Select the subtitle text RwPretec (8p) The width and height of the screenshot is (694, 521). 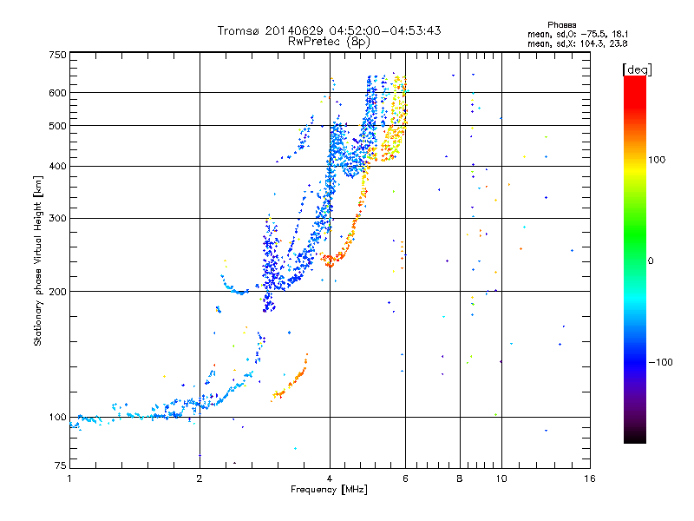coord(329,42)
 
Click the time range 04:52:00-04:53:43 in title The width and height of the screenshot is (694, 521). coord(385,30)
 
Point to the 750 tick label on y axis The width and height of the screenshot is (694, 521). coord(57,55)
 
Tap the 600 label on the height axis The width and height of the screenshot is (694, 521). coord(57,93)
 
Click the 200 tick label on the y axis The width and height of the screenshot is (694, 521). coord(57,292)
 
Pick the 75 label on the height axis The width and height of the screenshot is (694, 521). coord(61,465)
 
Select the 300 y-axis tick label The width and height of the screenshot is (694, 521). coord(57,219)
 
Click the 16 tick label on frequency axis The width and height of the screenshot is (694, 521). coord(590,478)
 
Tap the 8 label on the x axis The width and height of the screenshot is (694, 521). coord(460,478)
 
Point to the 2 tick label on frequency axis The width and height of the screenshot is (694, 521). coord(200,478)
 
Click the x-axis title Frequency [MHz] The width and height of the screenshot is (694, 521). coord(329,490)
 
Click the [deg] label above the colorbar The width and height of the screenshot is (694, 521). coord(637,69)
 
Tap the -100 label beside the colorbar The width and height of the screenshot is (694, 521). coord(660,362)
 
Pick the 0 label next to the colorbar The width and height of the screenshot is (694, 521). coord(651,261)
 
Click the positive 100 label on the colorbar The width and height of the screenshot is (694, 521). coord(657,160)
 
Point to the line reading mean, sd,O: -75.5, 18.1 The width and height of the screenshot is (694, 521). coord(578,34)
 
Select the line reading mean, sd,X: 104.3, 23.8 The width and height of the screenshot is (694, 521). coord(577,43)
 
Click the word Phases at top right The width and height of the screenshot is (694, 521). coord(562,25)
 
